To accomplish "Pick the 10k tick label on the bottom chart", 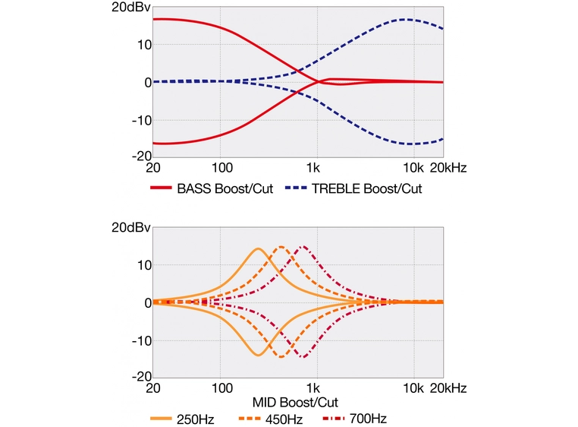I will (x=413, y=387).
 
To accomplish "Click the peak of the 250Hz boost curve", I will (x=258, y=248).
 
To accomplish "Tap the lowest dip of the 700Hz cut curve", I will (x=303, y=357).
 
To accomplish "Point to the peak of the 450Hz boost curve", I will (x=281, y=246).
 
